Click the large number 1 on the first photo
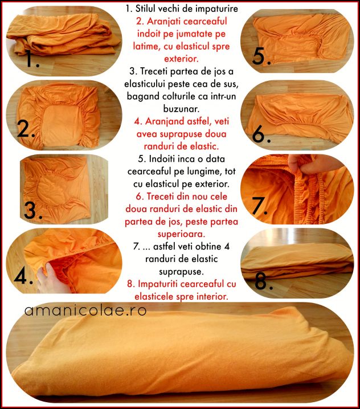pos(30,58)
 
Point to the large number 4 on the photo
pos(21,276)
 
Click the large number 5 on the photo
pos(259,56)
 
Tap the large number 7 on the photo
pos(257,205)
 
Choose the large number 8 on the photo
pos(261,281)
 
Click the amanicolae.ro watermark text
pos(85,310)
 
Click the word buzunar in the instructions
pos(181,108)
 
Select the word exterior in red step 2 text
pos(181,59)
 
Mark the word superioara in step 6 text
pos(181,234)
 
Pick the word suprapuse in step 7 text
pos(181,272)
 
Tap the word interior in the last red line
pos(212,296)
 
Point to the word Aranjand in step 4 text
pos(165,121)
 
